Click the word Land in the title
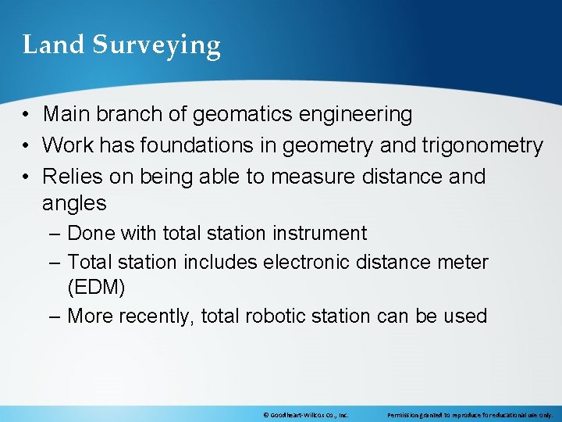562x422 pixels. click(x=54, y=45)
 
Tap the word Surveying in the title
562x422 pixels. click(x=157, y=46)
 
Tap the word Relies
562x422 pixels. click(x=73, y=177)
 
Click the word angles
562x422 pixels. click(x=74, y=204)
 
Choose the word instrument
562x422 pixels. click(x=318, y=234)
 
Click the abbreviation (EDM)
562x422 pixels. click(x=96, y=288)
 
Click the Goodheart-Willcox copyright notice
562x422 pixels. click(x=305, y=415)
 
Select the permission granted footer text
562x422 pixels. click(x=470, y=415)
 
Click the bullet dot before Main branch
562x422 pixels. click(x=27, y=115)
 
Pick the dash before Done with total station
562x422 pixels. click(x=53, y=234)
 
